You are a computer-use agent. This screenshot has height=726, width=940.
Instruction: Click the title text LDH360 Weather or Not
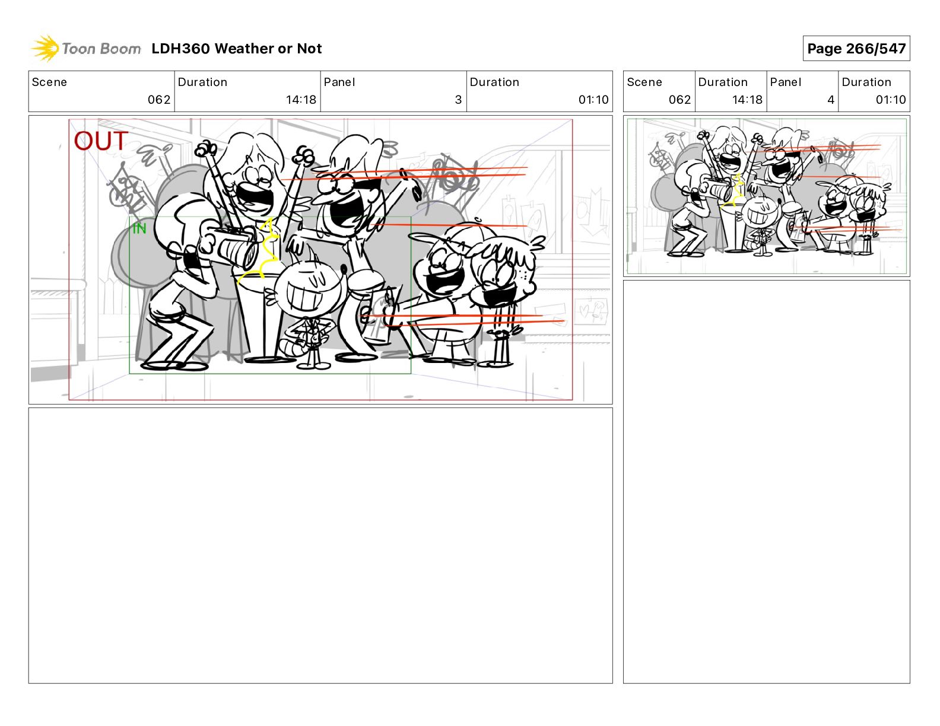point(237,49)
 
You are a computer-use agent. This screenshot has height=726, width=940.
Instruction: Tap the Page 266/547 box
point(856,49)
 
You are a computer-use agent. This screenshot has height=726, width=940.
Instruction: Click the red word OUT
point(101,141)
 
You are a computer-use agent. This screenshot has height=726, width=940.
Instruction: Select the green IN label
point(139,228)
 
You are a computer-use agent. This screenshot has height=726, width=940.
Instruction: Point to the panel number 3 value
point(459,100)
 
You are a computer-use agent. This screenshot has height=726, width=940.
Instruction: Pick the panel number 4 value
point(831,100)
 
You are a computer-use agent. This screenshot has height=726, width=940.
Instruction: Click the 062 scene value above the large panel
point(159,100)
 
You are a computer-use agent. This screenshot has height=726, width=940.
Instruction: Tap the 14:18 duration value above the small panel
point(747,100)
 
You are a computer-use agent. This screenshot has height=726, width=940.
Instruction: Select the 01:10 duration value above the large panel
point(593,100)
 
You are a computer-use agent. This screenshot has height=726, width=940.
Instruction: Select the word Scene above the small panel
point(644,82)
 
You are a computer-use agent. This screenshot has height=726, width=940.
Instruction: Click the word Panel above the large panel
point(339,82)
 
